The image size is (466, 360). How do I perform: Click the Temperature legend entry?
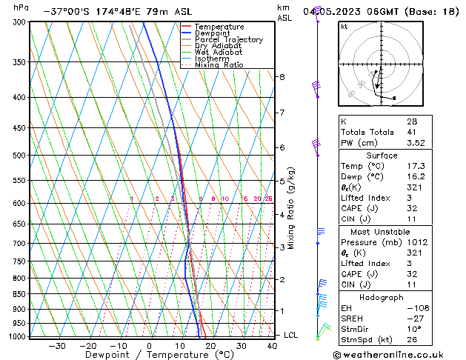[x=219, y=27]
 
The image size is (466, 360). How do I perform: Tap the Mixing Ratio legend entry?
[x=219, y=65]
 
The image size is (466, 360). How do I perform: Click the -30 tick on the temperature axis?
[x=57, y=346]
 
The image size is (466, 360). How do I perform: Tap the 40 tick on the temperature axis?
[x=273, y=346]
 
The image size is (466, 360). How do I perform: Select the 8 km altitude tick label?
[x=282, y=77]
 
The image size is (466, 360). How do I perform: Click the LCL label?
[x=291, y=335]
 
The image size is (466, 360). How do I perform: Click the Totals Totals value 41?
[x=412, y=132]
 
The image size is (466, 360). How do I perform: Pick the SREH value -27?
[x=414, y=319]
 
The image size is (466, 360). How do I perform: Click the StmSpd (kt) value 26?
[x=412, y=340]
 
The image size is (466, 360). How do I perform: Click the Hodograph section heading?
[x=382, y=297]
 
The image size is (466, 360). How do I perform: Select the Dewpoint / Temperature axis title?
[x=150, y=355]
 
